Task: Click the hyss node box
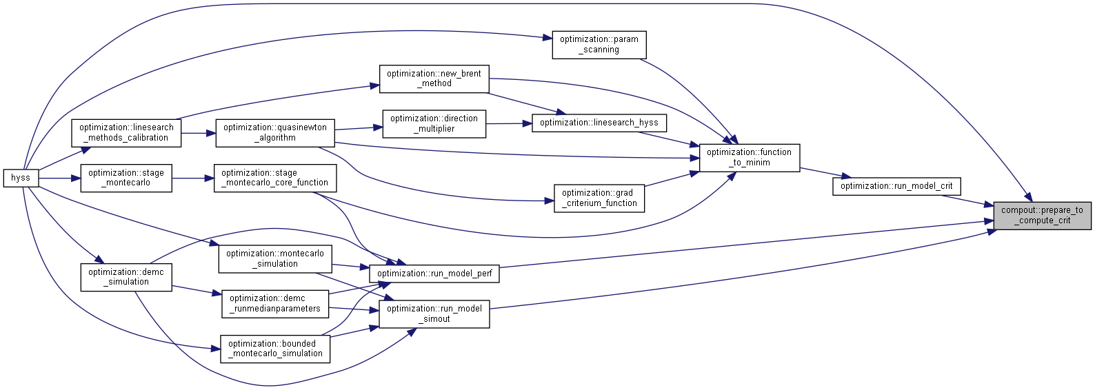tap(21, 178)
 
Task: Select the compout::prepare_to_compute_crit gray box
tap(1042, 216)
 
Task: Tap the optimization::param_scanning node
tap(599, 45)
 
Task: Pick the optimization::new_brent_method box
tap(434, 79)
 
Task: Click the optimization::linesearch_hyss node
tap(599, 123)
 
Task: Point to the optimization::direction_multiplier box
tap(434, 123)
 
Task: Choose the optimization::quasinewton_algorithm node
tap(274, 132)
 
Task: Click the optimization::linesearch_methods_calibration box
tap(126, 132)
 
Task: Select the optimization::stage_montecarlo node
tap(126, 178)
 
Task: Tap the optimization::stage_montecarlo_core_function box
tap(274, 178)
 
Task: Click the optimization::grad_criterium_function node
tap(599, 198)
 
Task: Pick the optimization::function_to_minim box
tap(749, 157)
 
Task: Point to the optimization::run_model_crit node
tap(896, 186)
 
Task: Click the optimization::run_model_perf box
tap(434, 273)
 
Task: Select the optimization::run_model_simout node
tap(434, 314)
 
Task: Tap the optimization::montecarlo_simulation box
tap(274, 258)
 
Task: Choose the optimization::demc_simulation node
tap(126, 277)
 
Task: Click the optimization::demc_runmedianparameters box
tap(274, 303)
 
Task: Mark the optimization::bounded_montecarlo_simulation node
tap(274, 349)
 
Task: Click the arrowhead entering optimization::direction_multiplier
tap(378, 127)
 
